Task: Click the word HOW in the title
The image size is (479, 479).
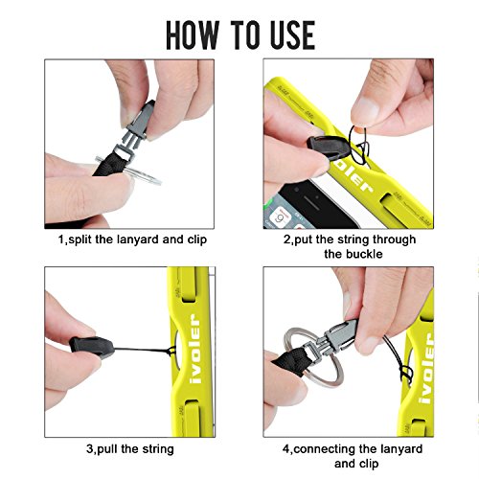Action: pos(192,34)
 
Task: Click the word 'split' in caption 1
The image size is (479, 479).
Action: pos(80,239)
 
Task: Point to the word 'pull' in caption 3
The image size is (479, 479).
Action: pos(107,449)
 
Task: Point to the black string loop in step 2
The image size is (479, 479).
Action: pos(359,145)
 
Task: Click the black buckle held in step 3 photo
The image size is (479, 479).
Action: pos(92,347)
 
